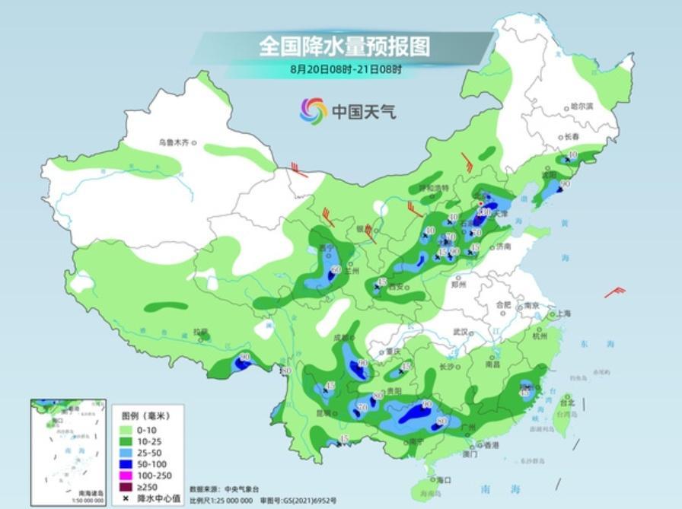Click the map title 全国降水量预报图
(x=344, y=46)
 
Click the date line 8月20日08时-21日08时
(x=345, y=68)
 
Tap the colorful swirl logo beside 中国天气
(x=313, y=111)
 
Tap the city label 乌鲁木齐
(x=173, y=142)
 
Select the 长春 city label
(x=572, y=136)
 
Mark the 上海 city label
(x=563, y=313)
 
